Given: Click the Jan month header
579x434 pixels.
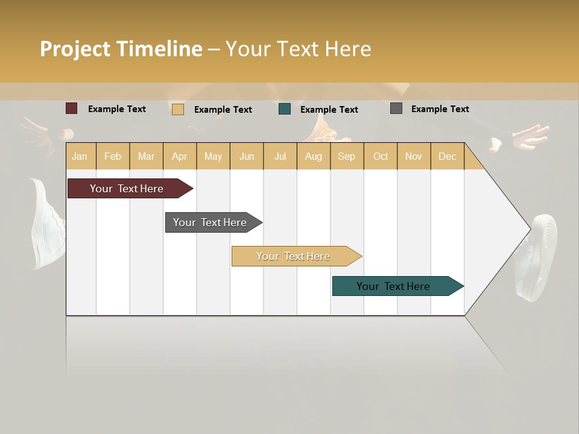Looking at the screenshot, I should (80, 156).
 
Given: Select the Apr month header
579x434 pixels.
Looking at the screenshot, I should (179, 156).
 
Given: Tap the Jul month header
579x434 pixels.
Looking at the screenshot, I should (280, 156).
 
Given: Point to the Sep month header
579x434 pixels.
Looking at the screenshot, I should (346, 156).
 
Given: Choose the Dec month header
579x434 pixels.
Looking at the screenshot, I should (447, 156).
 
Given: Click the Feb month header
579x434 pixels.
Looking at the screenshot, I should (113, 156).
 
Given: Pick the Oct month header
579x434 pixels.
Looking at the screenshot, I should (381, 156).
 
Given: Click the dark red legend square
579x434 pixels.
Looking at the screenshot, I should (71, 108).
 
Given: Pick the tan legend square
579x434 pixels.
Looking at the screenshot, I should (177, 109).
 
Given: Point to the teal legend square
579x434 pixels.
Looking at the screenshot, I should (285, 109).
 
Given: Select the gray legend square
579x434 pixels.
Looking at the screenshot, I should (396, 108).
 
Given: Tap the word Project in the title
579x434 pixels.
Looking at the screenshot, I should (75, 49).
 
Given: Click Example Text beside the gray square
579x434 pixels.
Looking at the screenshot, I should (440, 109).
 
